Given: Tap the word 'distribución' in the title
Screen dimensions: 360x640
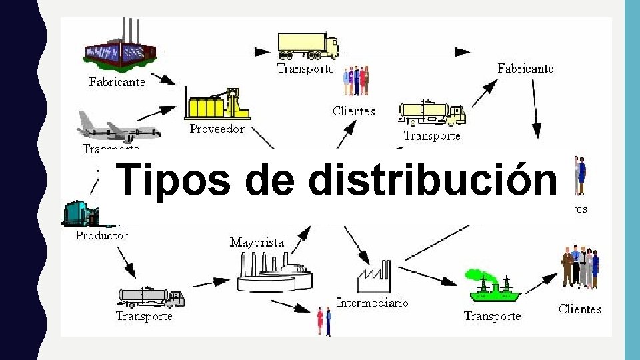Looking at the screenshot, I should tap(433, 179).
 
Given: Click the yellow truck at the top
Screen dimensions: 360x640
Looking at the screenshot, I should tap(307, 45).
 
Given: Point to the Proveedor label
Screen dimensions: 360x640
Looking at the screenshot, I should tap(217, 129).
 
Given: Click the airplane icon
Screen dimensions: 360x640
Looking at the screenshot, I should tap(117, 127).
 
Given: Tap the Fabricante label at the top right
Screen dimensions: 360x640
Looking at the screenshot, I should tap(525, 69).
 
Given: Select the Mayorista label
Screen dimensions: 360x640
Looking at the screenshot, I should tap(257, 243).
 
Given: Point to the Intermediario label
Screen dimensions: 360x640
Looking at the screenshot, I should tap(372, 303).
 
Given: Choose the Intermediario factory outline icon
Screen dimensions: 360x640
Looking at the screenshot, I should tap(374, 278).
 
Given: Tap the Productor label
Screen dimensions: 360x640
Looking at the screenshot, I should tap(101, 235).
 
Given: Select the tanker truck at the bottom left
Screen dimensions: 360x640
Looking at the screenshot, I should tap(151, 297).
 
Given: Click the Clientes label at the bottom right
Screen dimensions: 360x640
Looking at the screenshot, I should tap(579, 309).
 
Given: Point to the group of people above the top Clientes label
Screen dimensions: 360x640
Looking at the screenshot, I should tap(355, 81).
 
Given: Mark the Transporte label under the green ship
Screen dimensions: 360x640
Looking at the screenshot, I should tap(492, 316).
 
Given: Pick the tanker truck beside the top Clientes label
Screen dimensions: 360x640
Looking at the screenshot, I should tap(431, 113).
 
